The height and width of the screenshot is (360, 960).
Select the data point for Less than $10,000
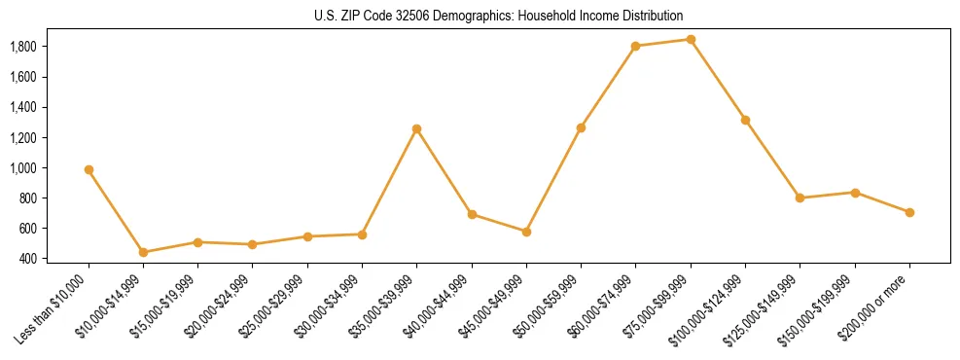tap(89, 169)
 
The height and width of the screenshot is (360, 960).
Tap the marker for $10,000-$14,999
tap(143, 252)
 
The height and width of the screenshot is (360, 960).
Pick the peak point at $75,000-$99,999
tap(691, 40)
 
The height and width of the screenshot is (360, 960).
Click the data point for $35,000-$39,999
tap(417, 128)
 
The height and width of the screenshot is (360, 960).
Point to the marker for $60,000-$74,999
tap(636, 46)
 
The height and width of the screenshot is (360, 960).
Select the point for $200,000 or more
tap(909, 212)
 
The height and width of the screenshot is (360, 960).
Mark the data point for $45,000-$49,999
tap(526, 232)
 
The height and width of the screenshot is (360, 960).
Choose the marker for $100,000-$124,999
tap(745, 120)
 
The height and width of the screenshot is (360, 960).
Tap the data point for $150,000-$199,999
tap(855, 193)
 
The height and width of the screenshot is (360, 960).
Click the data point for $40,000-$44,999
tap(472, 214)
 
